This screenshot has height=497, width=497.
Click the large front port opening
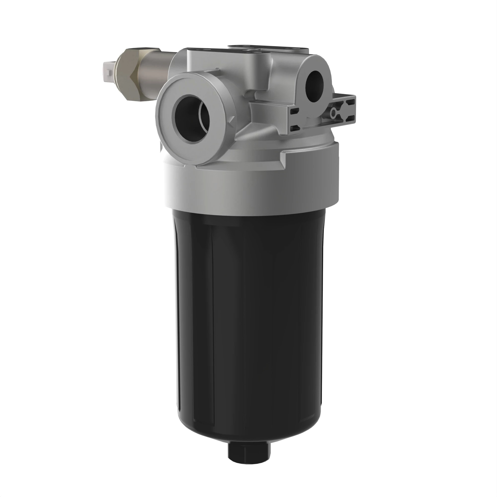click(192, 118)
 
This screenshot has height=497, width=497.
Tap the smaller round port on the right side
click(314, 83)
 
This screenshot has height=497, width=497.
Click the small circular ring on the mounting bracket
click(334, 112)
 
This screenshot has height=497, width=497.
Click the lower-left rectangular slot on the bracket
click(294, 128)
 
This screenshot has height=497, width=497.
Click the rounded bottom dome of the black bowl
click(247, 427)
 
